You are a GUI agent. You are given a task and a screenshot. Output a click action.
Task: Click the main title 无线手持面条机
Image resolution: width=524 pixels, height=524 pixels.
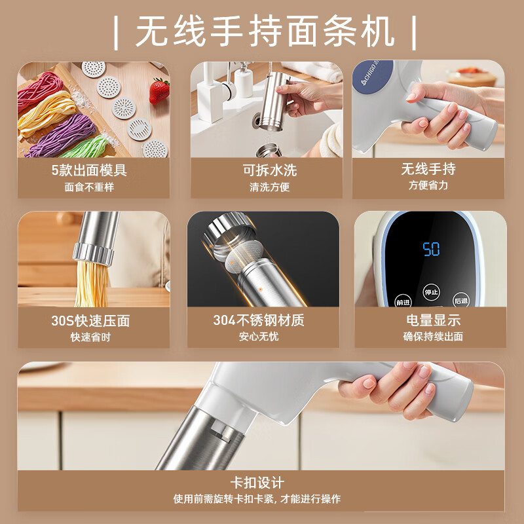coord(265,31)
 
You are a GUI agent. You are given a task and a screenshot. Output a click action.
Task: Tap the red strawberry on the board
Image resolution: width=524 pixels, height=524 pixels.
coord(159,92)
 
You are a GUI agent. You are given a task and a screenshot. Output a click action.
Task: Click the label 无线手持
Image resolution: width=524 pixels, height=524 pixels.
coord(428,169)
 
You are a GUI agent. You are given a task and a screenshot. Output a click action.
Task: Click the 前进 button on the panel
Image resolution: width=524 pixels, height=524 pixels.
coord(403,302)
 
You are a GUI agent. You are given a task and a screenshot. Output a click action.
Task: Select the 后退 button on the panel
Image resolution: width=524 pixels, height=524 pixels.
coord(460,301)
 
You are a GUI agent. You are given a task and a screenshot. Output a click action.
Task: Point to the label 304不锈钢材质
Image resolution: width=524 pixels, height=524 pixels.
coord(259,320)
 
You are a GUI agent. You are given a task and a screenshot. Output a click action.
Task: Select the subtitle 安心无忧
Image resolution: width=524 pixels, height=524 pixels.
coord(259,337)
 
